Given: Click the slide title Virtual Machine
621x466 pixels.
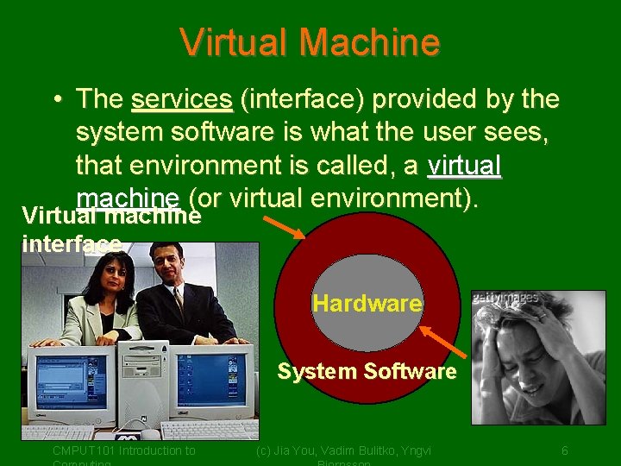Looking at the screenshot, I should tap(310, 41).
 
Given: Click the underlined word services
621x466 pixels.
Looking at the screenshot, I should tap(181, 100).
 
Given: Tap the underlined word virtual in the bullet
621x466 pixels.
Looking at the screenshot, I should tap(464, 164).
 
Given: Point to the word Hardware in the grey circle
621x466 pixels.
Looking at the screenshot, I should tap(367, 304).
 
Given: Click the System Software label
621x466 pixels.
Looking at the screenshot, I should tap(367, 372).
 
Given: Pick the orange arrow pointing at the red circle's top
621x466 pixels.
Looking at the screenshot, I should tap(282, 226).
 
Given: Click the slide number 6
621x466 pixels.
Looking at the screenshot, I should tap(564, 450).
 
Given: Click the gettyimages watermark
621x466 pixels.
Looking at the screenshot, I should tap(505, 299).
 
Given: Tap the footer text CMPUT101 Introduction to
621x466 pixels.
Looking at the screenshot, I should tap(123, 450).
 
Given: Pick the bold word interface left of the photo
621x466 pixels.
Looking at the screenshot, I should tap(71, 244).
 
